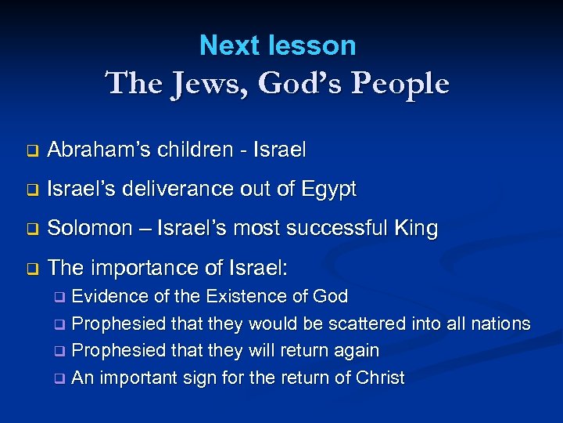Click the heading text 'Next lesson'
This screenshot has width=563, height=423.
coord(278,45)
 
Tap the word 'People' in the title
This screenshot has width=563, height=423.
coord(401,84)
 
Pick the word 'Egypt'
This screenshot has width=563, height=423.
coord(328,190)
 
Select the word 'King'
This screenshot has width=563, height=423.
coord(414,229)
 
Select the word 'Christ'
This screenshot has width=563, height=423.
coord(379,378)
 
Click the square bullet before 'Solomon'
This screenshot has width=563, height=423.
coord(32,230)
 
